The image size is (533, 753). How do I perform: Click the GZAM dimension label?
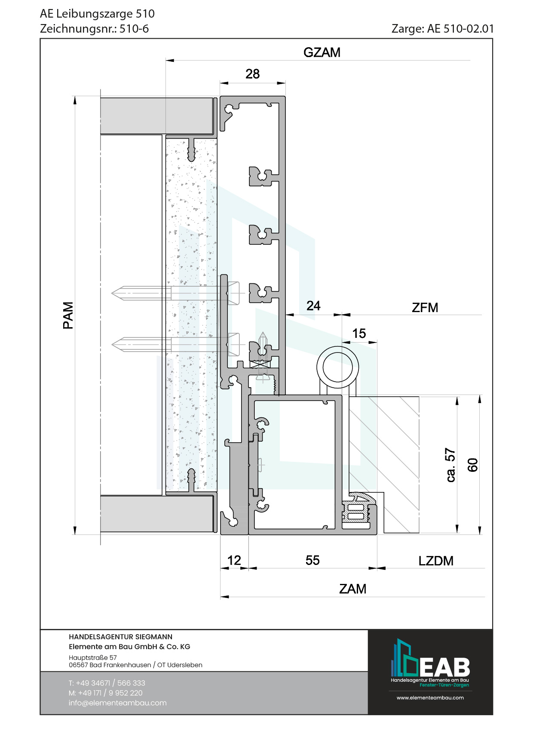[322, 52]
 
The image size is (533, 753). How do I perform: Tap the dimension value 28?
[253, 74]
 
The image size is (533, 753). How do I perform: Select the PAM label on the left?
[68, 315]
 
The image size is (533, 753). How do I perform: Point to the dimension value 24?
[313, 306]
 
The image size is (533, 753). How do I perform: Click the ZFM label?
[425, 307]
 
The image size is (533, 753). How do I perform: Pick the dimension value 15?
[359, 333]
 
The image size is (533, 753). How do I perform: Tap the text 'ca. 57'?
[450, 465]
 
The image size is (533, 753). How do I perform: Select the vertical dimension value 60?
[472, 465]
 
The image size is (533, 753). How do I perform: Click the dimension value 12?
[234, 560]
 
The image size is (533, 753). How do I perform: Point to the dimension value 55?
[312, 560]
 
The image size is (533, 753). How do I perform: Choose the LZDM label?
[436, 561]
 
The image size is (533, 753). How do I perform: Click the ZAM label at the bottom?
[352, 589]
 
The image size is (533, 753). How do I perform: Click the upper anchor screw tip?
[112, 294]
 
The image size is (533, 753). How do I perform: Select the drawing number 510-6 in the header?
[134, 29]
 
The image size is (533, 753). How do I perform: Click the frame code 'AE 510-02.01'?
[460, 29]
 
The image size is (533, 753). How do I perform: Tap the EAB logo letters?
[444, 667]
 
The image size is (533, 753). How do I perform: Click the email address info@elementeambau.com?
[117, 703]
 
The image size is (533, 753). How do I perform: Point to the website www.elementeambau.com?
[430, 698]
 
